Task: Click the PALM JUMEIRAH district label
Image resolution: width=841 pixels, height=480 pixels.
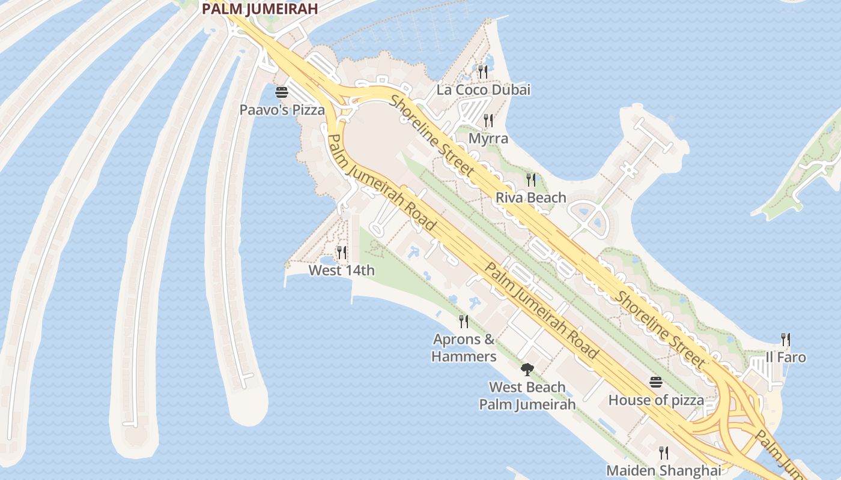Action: coord(260,9)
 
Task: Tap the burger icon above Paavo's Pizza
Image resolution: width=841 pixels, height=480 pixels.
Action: coord(281,92)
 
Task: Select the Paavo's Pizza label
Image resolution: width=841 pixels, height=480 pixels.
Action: coord(282,110)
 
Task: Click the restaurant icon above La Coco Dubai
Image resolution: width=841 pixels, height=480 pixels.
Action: coord(483,72)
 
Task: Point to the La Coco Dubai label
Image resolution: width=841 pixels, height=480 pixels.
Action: coord(483,90)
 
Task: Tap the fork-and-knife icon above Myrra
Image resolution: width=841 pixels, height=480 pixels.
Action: coord(488,121)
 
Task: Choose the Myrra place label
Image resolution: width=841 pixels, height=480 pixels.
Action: coord(488,139)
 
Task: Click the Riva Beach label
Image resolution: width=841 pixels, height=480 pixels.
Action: coord(530,197)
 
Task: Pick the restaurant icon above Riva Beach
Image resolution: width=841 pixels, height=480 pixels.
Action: coord(530,179)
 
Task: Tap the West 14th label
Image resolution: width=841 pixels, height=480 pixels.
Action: coord(341,270)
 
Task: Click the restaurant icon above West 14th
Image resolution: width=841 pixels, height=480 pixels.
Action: coord(341,253)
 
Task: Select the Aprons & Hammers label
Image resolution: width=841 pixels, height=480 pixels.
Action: coord(464,348)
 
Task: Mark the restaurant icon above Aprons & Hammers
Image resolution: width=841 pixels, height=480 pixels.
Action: coord(464,322)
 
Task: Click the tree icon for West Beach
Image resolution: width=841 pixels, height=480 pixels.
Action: coord(527,369)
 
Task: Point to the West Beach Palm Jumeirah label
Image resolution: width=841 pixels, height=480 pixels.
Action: coord(527,395)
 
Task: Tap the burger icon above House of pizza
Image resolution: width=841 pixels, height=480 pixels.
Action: coord(655,382)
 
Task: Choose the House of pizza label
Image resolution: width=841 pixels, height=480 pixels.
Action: coord(656,399)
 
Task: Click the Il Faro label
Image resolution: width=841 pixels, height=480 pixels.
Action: coord(786,357)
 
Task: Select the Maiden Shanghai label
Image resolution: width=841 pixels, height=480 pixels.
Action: coord(663,470)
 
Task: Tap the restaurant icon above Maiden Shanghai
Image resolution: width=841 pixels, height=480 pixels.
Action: coord(663,452)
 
